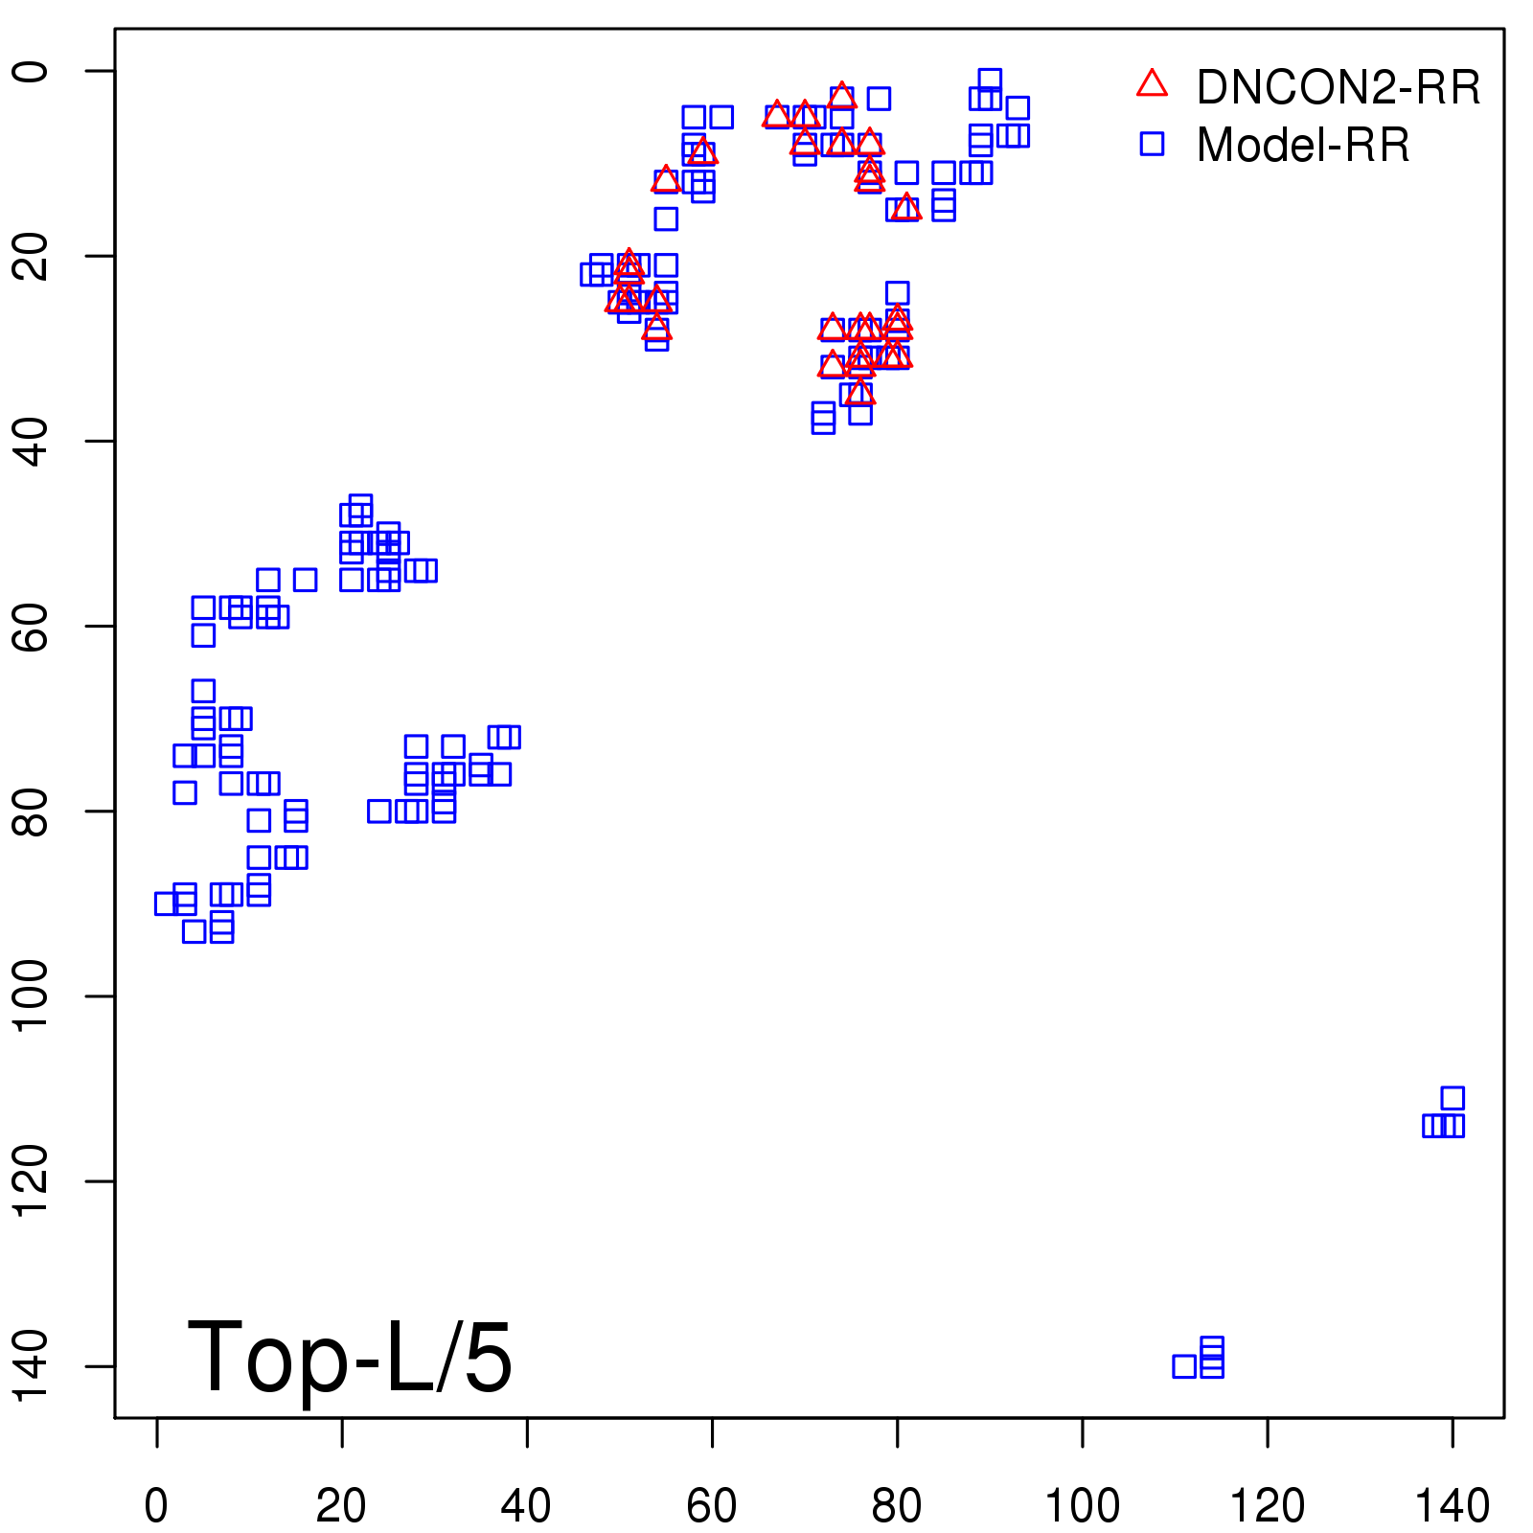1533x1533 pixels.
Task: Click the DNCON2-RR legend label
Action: pyautogui.click(x=1338, y=88)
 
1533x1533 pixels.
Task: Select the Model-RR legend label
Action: pyautogui.click(x=1303, y=146)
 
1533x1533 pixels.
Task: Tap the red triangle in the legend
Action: pyautogui.click(x=1152, y=84)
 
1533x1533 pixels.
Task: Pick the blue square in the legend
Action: pyautogui.click(x=1152, y=144)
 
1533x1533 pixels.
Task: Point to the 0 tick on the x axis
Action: pyautogui.click(x=156, y=1506)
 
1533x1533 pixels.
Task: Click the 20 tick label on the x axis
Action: pyautogui.click(x=341, y=1506)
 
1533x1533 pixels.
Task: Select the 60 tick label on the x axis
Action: pyautogui.click(x=712, y=1506)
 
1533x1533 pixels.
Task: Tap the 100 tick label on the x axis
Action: pyautogui.click(x=1082, y=1506)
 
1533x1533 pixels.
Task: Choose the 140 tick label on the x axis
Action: pyautogui.click(x=1453, y=1506)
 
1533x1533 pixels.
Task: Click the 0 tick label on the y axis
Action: pyautogui.click(x=33, y=71)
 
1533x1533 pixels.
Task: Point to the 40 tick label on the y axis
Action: pyautogui.click(x=33, y=441)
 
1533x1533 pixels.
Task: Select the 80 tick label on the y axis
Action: pyautogui.click(x=33, y=811)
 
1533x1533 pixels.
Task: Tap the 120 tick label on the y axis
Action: pyautogui.click(x=33, y=1180)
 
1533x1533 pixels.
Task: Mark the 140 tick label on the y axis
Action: pyautogui.click(x=33, y=1365)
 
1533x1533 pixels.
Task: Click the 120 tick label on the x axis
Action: pyautogui.click(x=1267, y=1506)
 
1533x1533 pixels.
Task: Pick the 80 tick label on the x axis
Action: pyautogui.click(x=897, y=1506)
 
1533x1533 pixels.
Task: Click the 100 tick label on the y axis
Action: pyautogui.click(x=33, y=995)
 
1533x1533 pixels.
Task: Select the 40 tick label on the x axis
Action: pyautogui.click(x=526, y=1506)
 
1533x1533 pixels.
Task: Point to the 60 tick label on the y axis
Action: pyautogui.click(x=33, y=626)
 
